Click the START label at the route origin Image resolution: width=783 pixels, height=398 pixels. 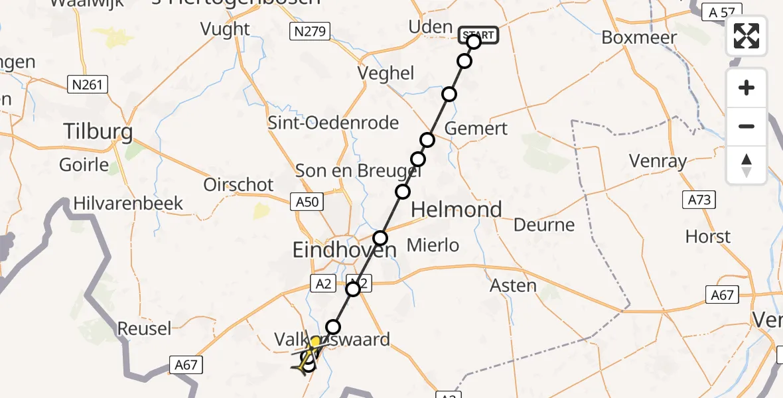[x=478, y=34]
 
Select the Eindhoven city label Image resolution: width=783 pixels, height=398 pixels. [x=344, y=250]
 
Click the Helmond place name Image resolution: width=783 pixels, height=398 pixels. [x=457, y=210]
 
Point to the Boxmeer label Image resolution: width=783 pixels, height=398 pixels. [x=639, y=37]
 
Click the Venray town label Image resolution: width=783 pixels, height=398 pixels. [x=658, y=161]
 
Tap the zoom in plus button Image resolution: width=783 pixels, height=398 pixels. [x=747, y=88]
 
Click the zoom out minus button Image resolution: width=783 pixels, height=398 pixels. [x=747, y=126]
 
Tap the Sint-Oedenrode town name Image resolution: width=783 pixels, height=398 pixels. [x=333, y=123]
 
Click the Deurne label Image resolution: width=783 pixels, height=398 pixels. [x=544, y=225]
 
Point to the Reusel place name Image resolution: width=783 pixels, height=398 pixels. [x=144, y=328]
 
